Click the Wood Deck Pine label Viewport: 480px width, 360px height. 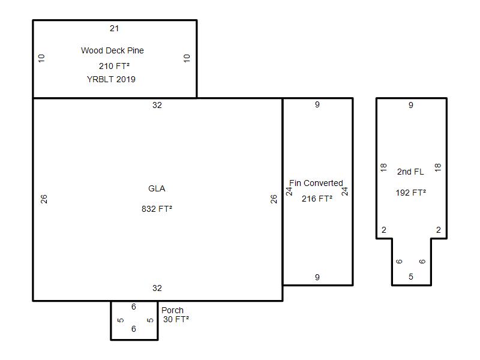click(112, 50)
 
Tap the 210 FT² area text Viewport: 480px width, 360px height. click(114, 66)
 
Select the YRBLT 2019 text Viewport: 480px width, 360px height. click(111, 79)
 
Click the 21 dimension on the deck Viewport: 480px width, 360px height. click(114, 28)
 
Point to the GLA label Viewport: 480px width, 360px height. click(157, 188)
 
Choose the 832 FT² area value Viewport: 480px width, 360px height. click(157, 209)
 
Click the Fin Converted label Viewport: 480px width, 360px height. click(316, 183)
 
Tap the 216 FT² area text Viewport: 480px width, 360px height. click(317, 199)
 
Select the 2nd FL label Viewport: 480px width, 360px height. click(410, 172)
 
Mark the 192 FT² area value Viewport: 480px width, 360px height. click(411, 193)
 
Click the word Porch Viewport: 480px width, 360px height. click(172, 310)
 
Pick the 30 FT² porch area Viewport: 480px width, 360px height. click(176, 319)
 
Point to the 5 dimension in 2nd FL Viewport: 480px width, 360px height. click(411, 277)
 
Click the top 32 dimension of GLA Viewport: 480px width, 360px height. click(157, 106)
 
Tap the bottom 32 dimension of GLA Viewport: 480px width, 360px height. click(157, 288)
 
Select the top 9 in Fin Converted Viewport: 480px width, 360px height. click(317, 104)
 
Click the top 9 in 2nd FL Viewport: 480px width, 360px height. click(411, 106)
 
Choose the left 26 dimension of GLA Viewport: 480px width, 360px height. click(44, 199)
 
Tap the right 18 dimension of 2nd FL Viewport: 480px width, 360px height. click(438, 167)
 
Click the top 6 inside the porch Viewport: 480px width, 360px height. click(134, 307)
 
